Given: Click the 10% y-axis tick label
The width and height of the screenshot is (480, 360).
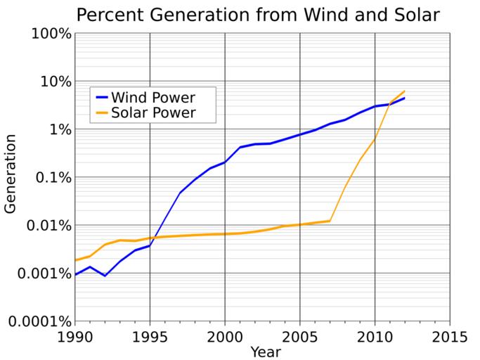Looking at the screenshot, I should (x=54, y=82).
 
